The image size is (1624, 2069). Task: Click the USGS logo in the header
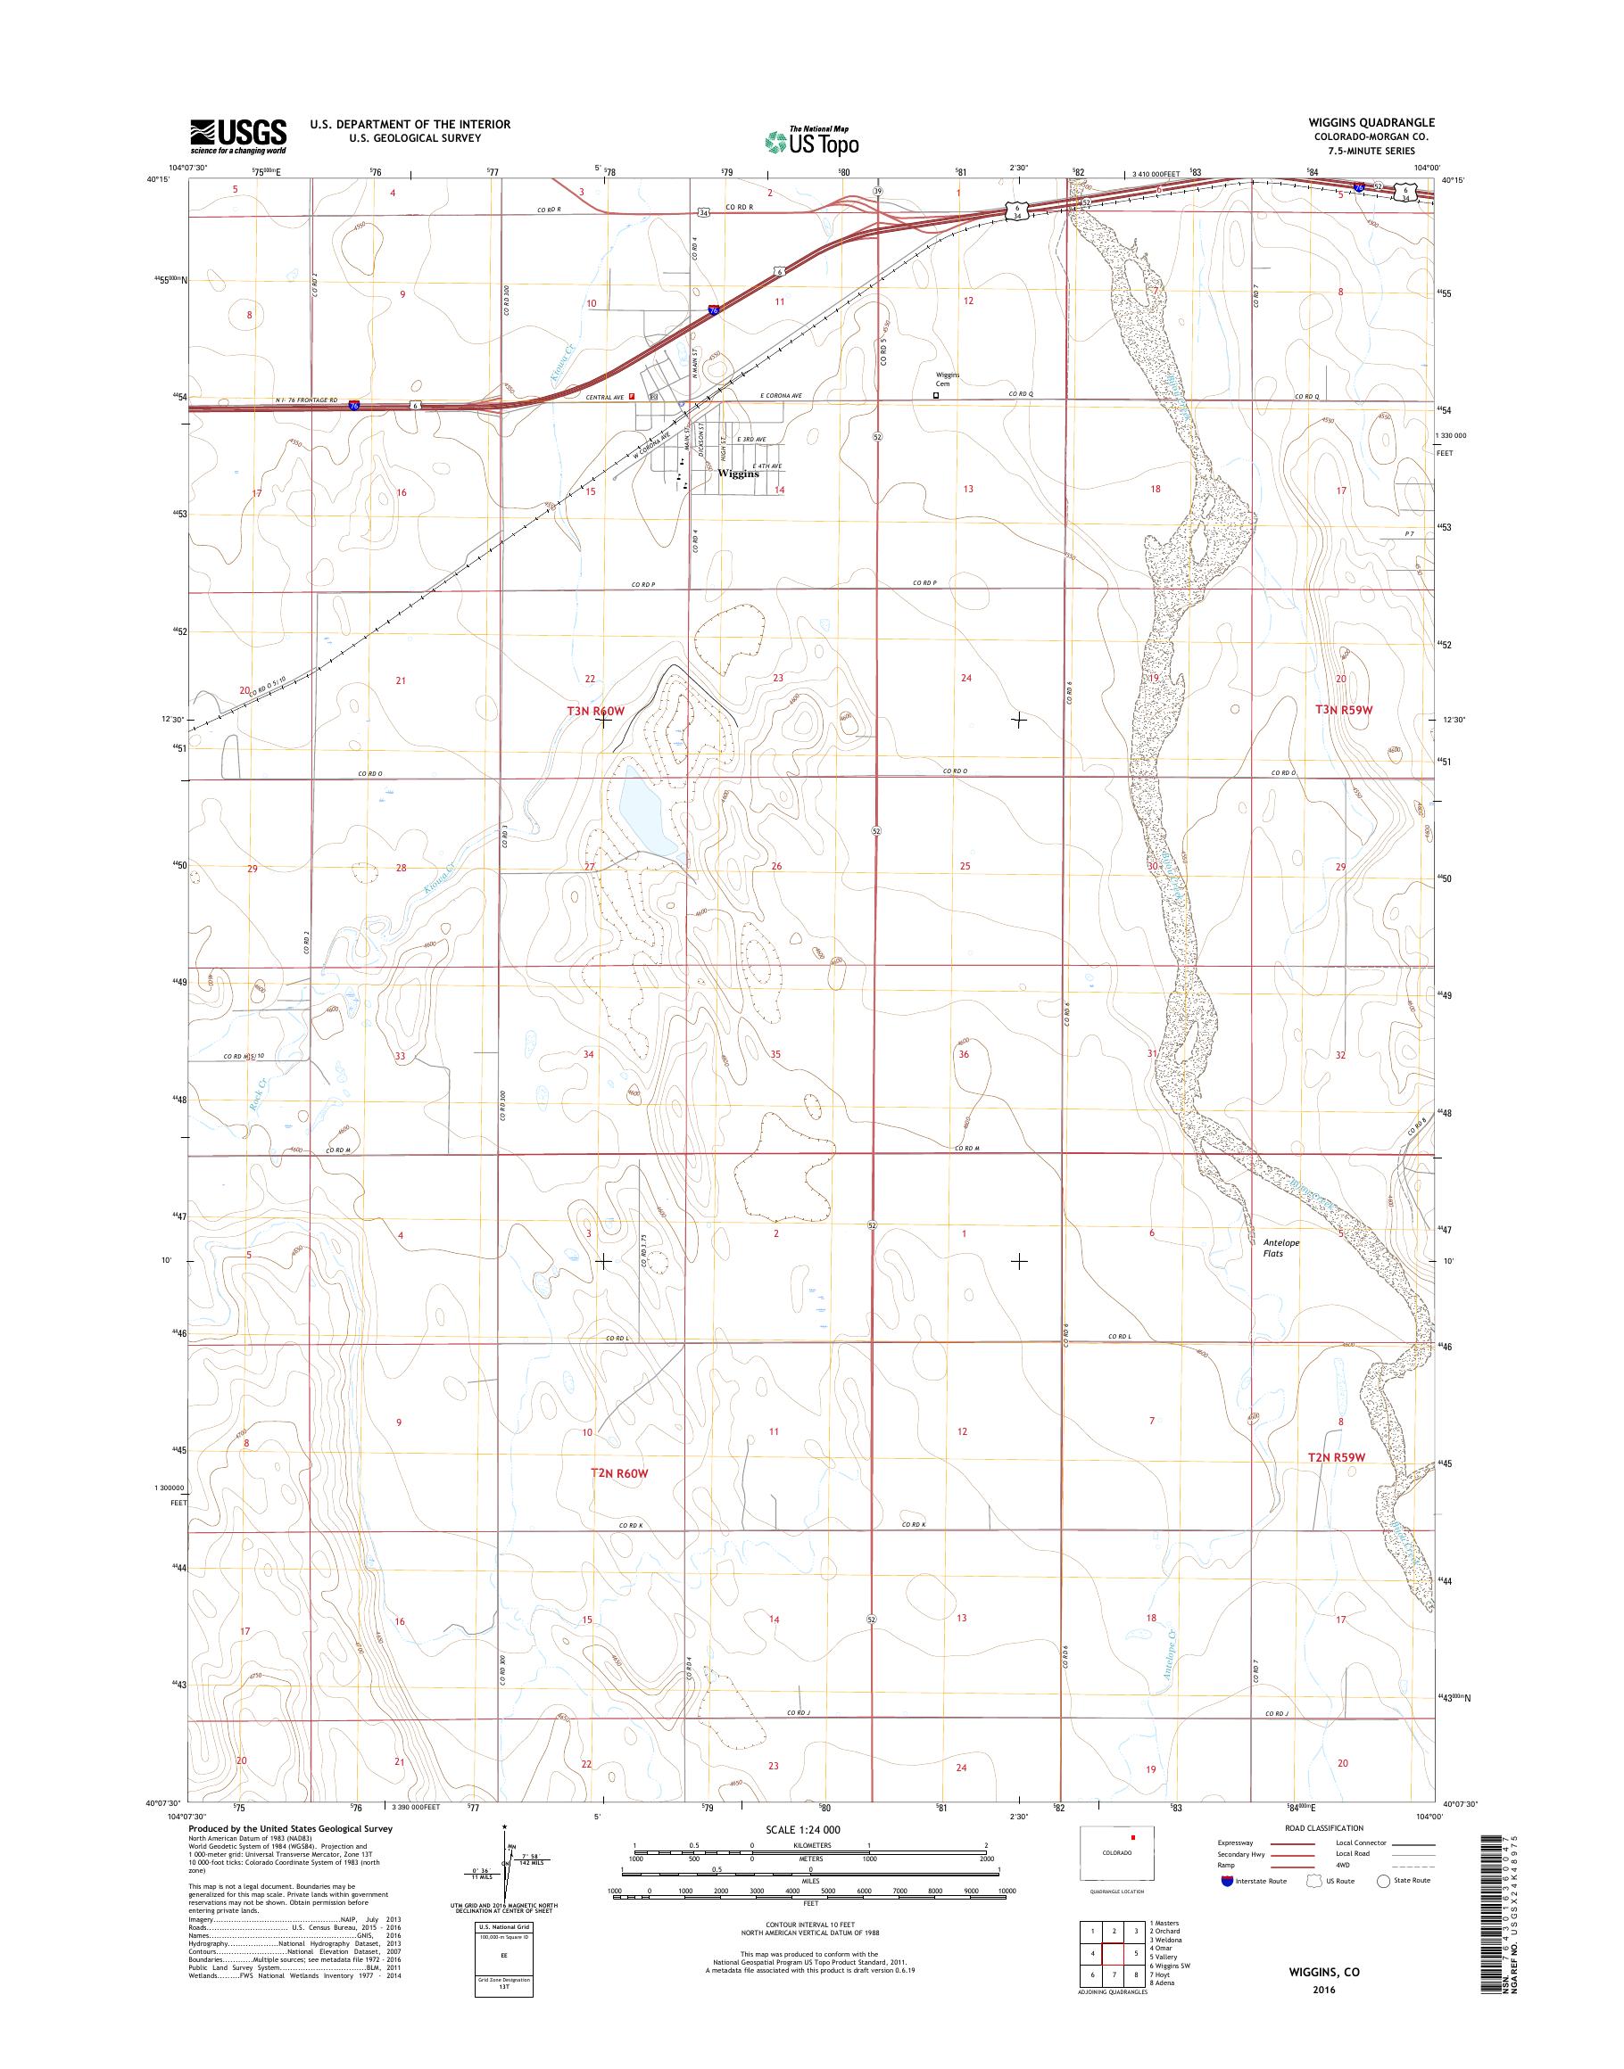(237, 136)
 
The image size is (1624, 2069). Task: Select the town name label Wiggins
(739, 474)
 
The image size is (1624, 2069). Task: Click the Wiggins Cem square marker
(936, 395)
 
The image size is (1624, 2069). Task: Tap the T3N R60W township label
(595, 711)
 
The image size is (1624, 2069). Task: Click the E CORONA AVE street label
(781, 395)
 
